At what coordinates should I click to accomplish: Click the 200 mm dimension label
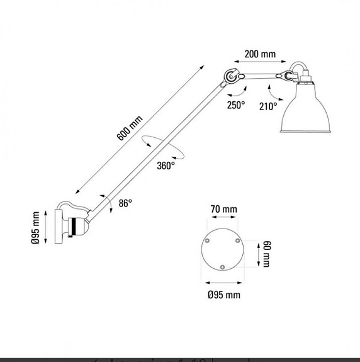[260, 54]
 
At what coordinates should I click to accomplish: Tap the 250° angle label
[236, 106]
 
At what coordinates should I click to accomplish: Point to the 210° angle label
[267, 106]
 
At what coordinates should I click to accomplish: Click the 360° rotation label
[166, 166]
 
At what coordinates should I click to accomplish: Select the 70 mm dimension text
[223, 209]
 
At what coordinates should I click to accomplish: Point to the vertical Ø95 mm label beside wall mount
[36, 227]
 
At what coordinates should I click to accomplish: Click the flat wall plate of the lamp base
[56, 227]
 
